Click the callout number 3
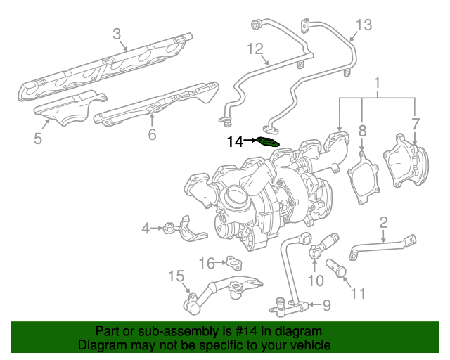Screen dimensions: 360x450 click(117, 33)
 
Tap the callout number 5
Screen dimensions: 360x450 click(38, 139)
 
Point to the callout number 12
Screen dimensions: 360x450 click(254, 49)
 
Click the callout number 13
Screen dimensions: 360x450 click(362, 26)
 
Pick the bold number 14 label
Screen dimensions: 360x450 click(235, 142)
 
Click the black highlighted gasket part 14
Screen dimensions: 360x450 click(268, 142)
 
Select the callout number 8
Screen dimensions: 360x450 click(362, 130)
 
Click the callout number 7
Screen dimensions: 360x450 click(416, 124)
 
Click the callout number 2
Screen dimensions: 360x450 click(383, 223)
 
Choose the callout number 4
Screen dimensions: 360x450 click(146, 227)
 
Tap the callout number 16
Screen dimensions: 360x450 click(205, 263)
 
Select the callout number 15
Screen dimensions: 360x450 click(175, 276)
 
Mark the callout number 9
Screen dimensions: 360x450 click(326, 305)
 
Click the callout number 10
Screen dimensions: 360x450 click(316, 281)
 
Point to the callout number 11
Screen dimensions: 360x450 click(359, 292)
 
